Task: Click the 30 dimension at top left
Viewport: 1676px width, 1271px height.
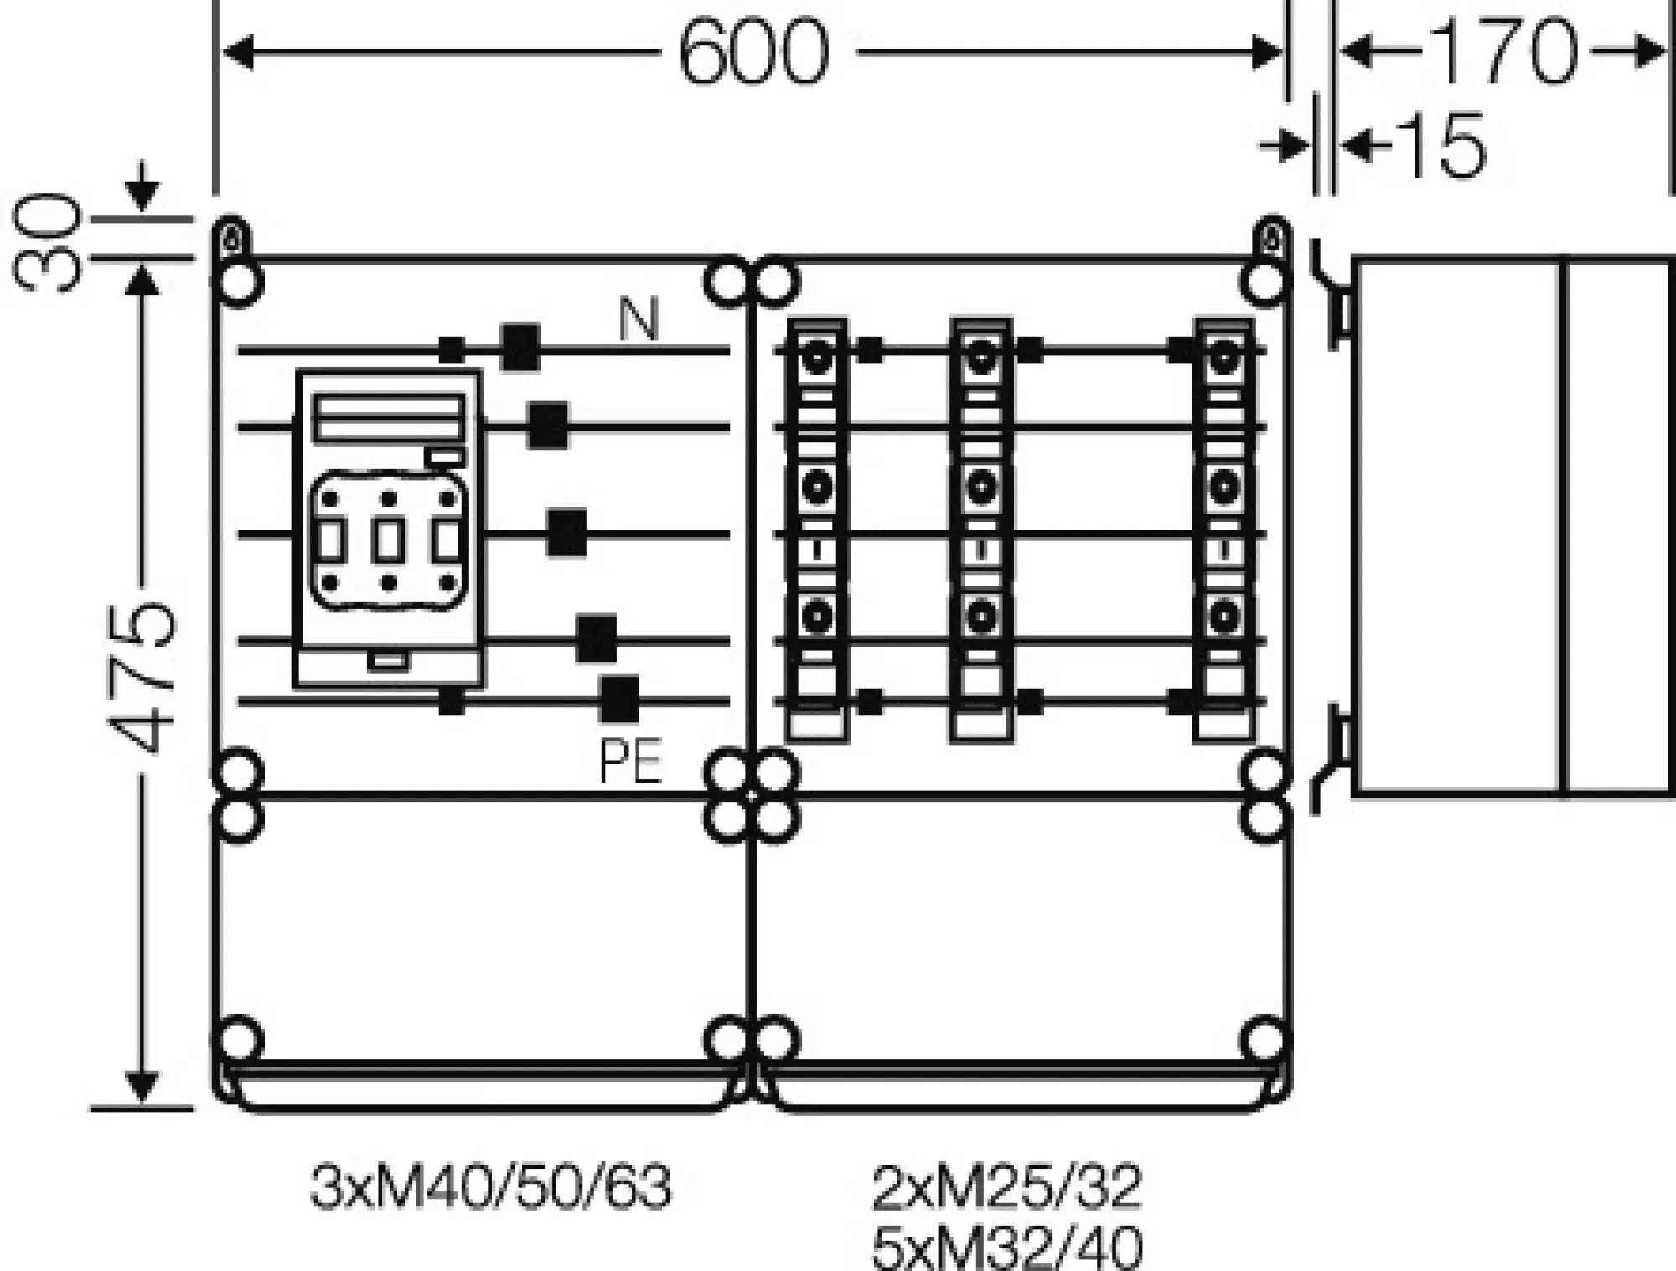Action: tap(47, 240)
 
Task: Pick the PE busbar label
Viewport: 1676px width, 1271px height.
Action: tap(631, 761)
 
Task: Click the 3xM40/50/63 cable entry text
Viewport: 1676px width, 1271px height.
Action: tap(491, 1187)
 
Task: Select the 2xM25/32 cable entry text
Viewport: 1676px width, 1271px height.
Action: tap(1006, 1187)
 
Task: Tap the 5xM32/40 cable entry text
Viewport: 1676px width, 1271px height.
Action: tap(1006, 1248)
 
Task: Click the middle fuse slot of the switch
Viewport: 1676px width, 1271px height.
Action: tap(388, 540)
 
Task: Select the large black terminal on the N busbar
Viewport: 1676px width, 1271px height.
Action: tap(520, 347)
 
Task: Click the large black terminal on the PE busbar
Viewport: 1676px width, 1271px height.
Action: tap(619, 699)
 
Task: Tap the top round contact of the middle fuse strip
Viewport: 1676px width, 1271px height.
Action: tap(980, 361)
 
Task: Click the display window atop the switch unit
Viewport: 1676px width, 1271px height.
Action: tap(389, 417)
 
